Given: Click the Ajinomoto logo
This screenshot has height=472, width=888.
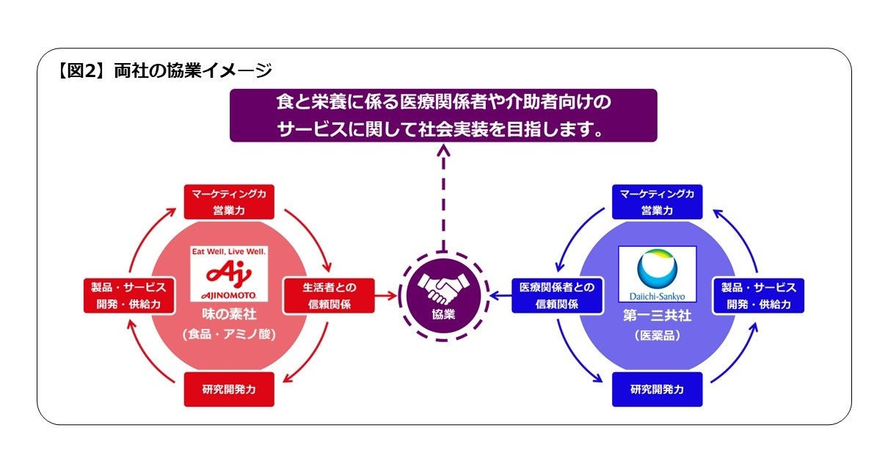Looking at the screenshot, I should point(228,273).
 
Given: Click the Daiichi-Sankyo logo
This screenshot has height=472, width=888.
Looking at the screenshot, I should point(657,274).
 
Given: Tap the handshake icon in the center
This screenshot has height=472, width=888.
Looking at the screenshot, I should point(443,288).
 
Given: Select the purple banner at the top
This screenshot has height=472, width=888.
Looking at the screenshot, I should point(443,115).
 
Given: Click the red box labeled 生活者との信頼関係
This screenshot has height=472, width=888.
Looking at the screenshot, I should point(329,295).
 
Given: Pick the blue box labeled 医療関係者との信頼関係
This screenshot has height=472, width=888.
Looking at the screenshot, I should point(557,295).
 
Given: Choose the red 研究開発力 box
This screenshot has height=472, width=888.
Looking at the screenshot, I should point(228,389).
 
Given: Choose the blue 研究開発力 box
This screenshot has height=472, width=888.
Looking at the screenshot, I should point(657,389).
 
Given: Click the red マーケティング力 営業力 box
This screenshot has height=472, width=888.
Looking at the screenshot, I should point(228,201).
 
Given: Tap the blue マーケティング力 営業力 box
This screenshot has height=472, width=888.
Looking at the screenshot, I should point(657,201).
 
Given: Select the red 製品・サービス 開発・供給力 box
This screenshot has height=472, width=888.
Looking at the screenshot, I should point(128,295).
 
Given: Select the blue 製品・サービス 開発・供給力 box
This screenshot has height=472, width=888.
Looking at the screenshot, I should point(758,295).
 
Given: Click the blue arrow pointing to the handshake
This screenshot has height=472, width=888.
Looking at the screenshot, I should point(500,296).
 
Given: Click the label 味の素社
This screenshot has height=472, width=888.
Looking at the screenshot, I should point(228,315).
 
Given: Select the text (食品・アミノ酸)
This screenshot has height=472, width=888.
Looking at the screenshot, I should point(228,334).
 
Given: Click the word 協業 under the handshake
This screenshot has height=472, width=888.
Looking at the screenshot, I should point(443,314).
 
